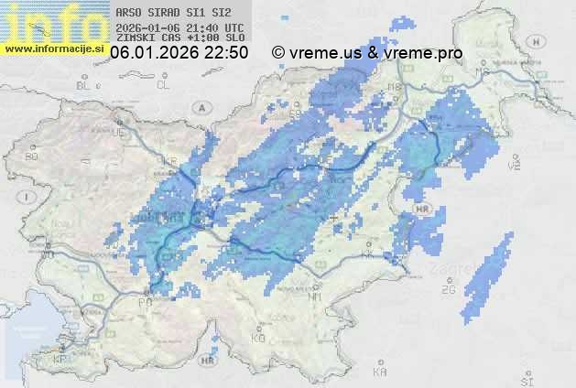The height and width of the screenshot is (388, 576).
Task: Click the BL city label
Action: click(85, 85)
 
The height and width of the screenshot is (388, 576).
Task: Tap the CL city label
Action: click(164, 85)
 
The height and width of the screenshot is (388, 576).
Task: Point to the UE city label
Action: click(116, 133)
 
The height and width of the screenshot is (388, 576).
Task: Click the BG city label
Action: click(32, 156)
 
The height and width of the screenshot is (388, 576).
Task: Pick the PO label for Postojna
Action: click(144, 302)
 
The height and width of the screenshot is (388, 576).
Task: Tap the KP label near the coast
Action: click(60, 360)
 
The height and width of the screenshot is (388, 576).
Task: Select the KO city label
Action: click(257, 338)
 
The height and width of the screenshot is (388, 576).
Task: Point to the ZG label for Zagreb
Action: click(448, 290)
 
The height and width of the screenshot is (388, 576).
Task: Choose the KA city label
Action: click(380, 372)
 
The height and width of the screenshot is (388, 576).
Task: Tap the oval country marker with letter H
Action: click(422, 210)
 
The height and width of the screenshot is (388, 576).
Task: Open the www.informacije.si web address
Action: click(55, 48)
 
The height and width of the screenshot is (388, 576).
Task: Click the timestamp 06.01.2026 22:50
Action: click(179, 53)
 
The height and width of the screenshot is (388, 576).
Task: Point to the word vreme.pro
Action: click(423, 53)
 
